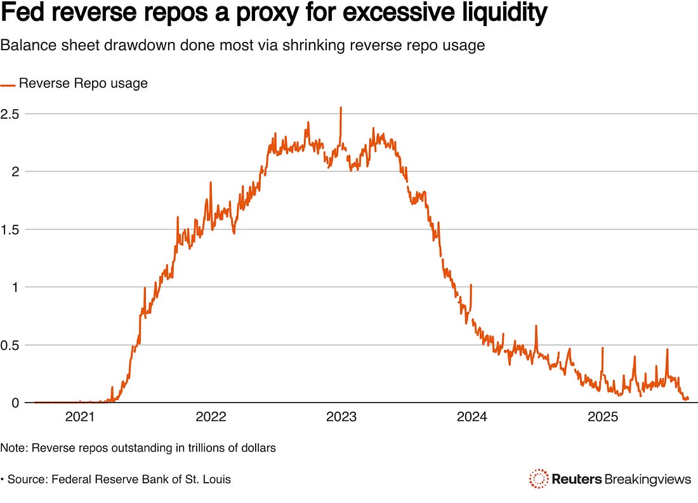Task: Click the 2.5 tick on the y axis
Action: [x=11, y=114]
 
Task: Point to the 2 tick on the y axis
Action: [x=5, y=171]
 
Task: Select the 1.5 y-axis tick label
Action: [x=11, y=229]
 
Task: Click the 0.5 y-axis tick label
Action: [x=11, y=345]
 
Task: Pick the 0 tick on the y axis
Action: [x=5, y=403]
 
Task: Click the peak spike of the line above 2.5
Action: [x=341, y=108]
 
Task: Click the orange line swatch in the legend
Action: [x=8, y=84]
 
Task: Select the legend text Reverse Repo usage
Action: [x=83, y=83]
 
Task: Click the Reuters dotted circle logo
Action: [x=539, y=478]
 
